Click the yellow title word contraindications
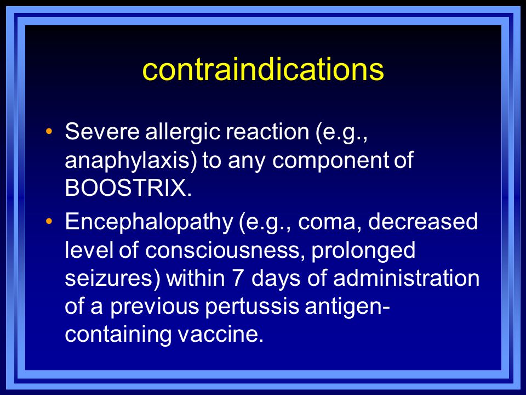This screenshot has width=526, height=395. pos(263,69)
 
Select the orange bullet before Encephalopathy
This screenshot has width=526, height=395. pos(49,221)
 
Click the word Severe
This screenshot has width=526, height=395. pos(102,131)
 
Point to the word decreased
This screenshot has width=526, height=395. pos(423,221)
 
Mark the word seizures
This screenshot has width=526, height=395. pos(112,279)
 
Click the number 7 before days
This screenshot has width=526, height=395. pos(238,279)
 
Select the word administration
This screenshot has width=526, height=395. pos(406,278)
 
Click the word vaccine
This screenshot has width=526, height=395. pos(220,335)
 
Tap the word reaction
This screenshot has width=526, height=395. pos(267,131)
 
